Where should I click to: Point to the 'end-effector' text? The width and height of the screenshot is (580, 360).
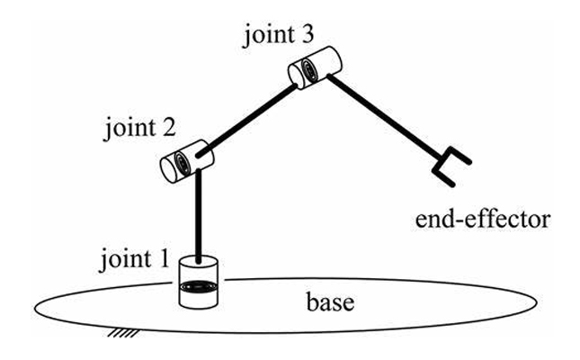pyautogui.click(x=488, y=218)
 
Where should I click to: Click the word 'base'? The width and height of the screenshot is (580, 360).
pyautogui.click(x=330, y=300)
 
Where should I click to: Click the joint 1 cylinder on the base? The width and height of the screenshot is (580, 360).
pyautogui.click(x=199, y=283)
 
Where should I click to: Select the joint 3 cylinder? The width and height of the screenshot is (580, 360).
pyautogui.click(x=312, y=66)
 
